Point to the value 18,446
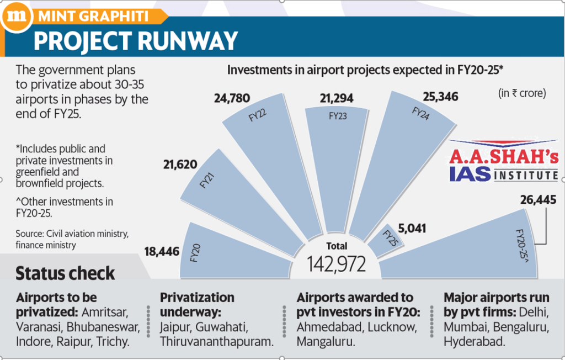pyautogui.click(x=163, y=252)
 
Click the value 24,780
pyautogui.click(x=232, y=99)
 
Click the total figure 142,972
pyautogui.click(x=337, y=264)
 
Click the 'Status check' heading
pyautogui.click(x=65, y=273)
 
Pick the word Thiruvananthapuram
pyautogui.click(x=217, y=342)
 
